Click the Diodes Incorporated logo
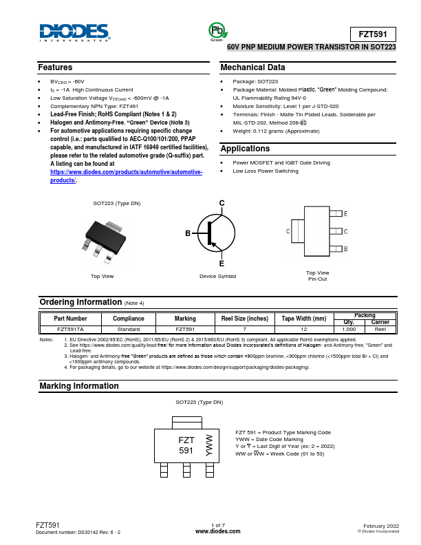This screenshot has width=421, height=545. click(x=74, y=33)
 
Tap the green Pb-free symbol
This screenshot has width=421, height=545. click(x=217, y=30)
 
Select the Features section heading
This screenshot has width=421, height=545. click(x=55, y=67)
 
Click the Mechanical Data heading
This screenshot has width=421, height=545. click(x=252, y=67)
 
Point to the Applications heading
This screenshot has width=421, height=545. click(x=245, y=149)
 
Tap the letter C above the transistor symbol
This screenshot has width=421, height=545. click(x=222, y=202)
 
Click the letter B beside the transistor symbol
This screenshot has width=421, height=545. click(x=187, y=234)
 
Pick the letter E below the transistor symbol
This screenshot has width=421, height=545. click(x=222, y=264)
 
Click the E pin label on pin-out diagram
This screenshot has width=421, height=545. click(x=345, y=215)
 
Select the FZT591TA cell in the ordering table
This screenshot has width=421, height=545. click(x=71, y=330)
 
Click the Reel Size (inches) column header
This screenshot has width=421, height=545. click(x=244, y=319)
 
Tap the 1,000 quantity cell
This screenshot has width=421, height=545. click(x=349, y=330)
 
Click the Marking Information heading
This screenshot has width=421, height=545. click(x=78, y=387)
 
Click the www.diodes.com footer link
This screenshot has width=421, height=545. click(x=218, y=532)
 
